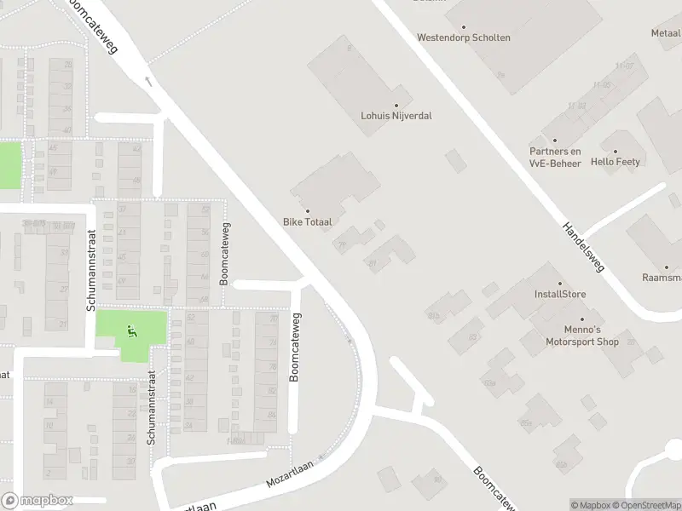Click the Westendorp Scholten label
[463, 37]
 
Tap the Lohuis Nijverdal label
[396, 115]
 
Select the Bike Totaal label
[308, 221]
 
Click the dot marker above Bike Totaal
[308, 211]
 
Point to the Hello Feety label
[616, 162]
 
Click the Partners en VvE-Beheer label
[555, 157]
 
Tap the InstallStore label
[560, 295]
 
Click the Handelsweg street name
[583, 248]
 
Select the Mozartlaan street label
[290, 472]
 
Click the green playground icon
[131, 330]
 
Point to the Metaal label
[666, 33]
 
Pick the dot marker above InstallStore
[560, 284]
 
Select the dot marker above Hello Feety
[616, 150]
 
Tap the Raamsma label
[662, 278]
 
